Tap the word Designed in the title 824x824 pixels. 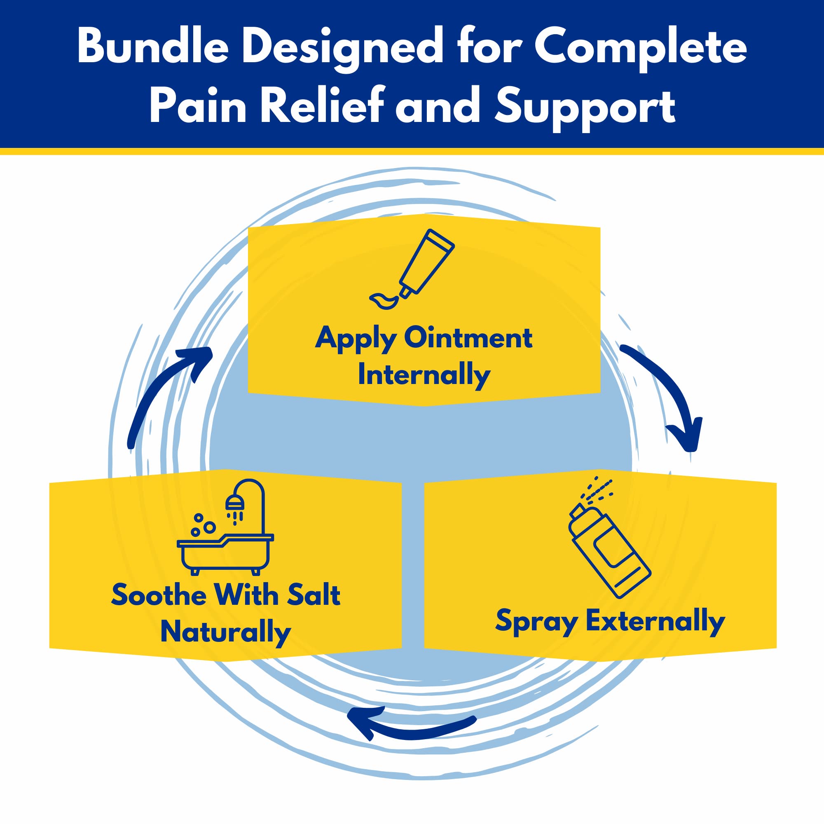343,49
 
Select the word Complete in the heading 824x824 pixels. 640,49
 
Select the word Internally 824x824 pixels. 424,376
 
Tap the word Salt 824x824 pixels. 314,595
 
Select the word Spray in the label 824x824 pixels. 536,622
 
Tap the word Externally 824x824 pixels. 655,621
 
